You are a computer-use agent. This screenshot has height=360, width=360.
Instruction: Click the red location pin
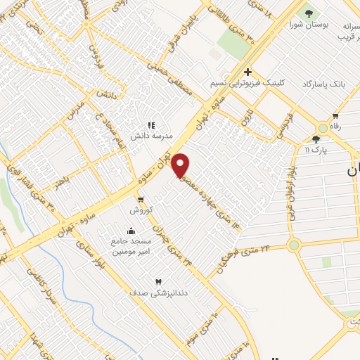181,165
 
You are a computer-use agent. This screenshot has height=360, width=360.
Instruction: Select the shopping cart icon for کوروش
141,200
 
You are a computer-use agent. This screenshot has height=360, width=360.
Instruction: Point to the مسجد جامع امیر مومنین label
131,245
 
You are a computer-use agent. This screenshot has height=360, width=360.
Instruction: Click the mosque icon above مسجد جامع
131,231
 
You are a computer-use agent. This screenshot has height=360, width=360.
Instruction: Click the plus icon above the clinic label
248,72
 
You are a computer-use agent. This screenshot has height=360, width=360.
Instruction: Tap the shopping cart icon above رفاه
335,116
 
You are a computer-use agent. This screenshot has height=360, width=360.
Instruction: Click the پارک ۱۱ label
318,150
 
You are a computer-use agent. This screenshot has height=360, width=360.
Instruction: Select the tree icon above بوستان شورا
307,13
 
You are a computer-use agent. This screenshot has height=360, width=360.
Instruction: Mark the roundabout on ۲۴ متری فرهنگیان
293,245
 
